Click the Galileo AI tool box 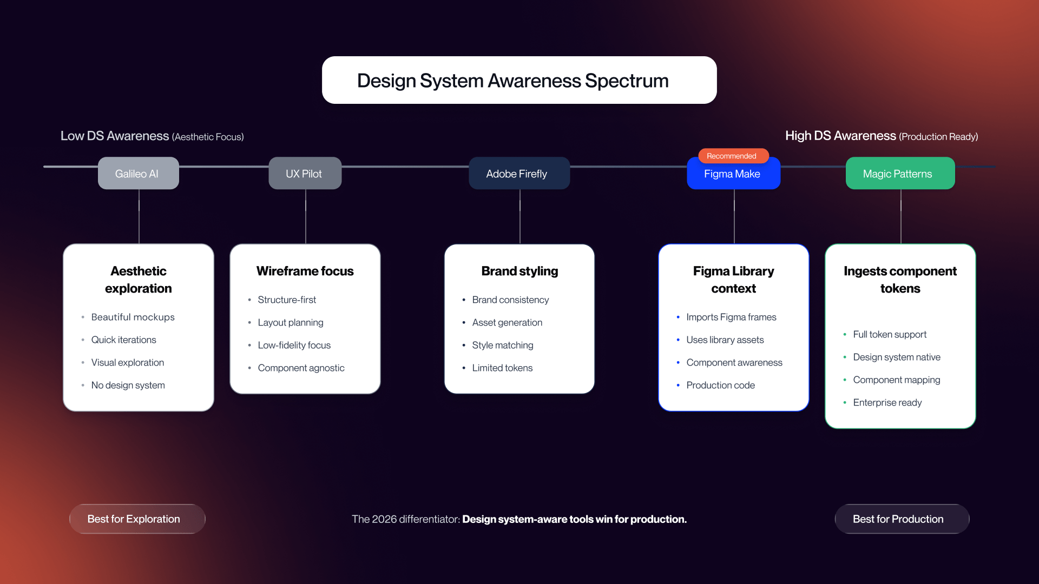(138, 174)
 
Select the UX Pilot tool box (305, 174)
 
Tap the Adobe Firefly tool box (519, 174)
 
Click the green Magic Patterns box (900, 174)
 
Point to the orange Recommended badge (733, 156)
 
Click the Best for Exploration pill (137, 519)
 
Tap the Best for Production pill (902, 519)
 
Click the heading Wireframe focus (305, 271)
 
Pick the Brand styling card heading (519, 271)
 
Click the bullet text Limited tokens (502, 368)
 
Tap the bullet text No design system (128, 385)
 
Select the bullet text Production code (720, 385)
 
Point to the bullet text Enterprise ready (887, 402)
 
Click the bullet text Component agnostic (301, 368)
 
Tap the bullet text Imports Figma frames (731, 317)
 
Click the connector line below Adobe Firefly (519, 216)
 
